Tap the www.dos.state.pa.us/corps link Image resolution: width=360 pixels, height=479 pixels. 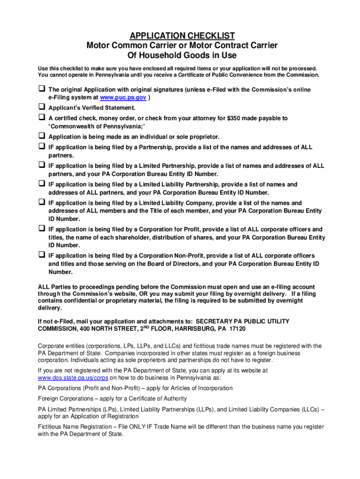[73, 377]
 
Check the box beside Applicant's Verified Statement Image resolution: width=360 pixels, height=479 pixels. [41, 107]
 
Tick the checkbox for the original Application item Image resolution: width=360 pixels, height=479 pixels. [41, 88]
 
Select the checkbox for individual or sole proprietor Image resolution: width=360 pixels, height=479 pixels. [41, 136]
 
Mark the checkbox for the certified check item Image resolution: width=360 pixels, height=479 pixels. [41, 117]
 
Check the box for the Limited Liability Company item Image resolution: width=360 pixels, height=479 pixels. [41, 203]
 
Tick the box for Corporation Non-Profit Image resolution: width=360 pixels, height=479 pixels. [41, 255]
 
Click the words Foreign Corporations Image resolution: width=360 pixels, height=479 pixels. [65, 399]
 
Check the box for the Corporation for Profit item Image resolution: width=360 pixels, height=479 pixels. [41, 229]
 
